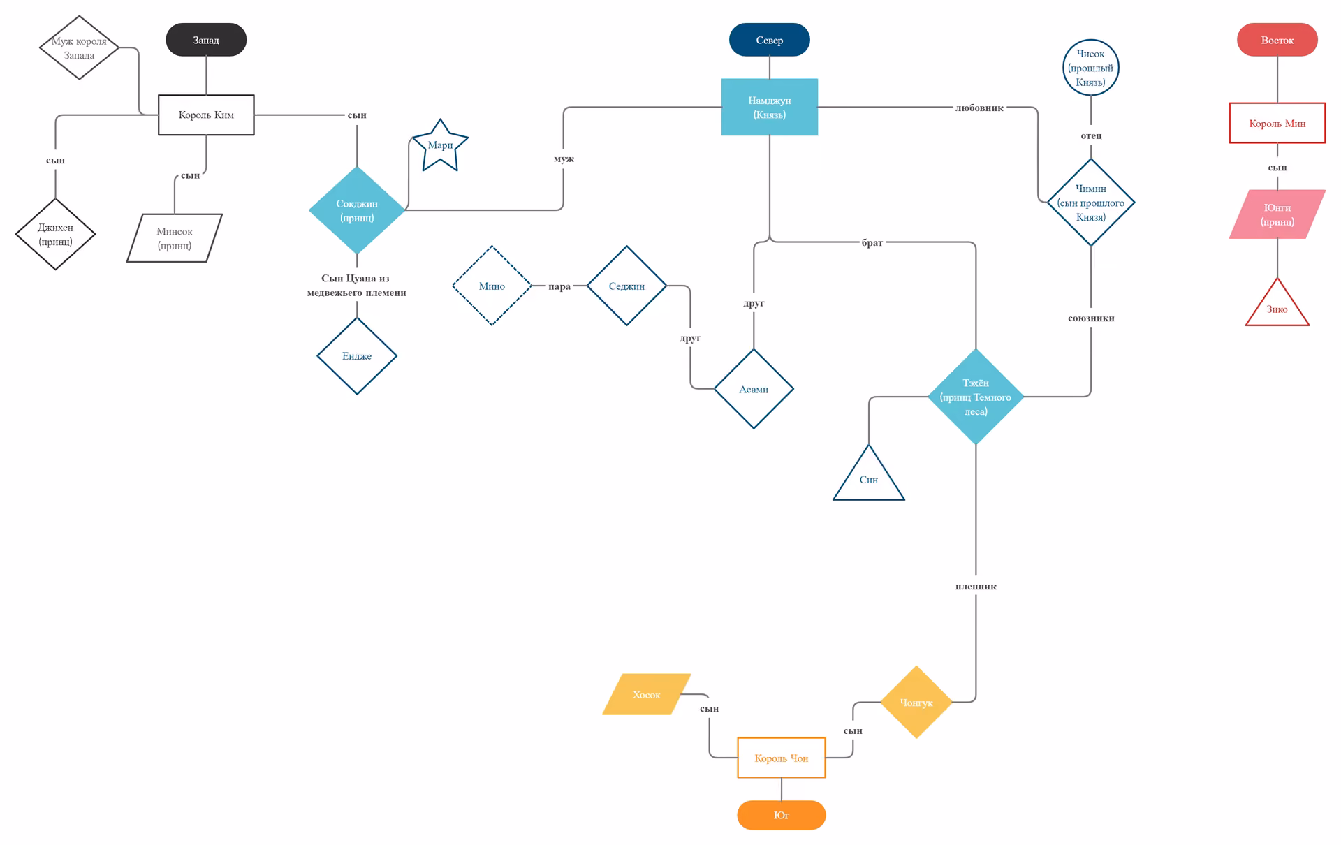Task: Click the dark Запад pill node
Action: coord(206,40)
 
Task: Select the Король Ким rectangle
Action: coord(206,115)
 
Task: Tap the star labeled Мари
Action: coord(440,145)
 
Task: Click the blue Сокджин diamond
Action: coord(357,210)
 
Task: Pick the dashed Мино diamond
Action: coord(492,286)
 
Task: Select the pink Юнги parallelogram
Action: coord(1277,214)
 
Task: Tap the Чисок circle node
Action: coord(1091,68)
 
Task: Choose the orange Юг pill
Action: coord(782,815)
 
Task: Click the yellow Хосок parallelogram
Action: coord(647,694)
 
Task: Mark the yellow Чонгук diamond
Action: coord(916,703)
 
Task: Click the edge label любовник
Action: coord(979,108)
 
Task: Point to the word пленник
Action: coord(976,587)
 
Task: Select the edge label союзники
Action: coord(1091,318)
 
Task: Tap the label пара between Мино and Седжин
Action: coord(559,286)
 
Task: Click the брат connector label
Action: coord(872,242)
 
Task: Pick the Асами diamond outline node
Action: coord(754,389)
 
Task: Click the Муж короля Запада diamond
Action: coord(79,47)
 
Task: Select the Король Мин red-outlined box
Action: coord(1277,123)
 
